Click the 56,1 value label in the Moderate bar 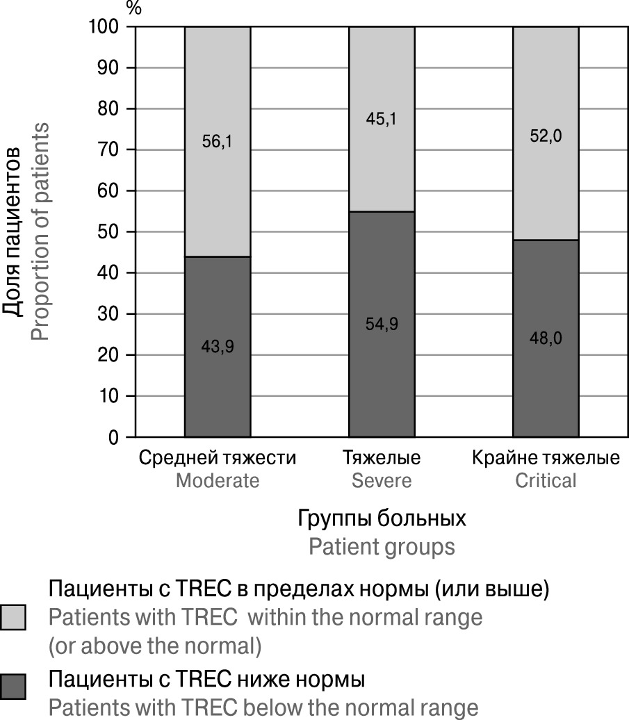[217, 142]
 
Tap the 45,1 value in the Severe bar [381, 120]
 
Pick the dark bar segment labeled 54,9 [381, 347]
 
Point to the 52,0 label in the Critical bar [546, 137]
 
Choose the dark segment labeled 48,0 [546, 361]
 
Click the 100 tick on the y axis [105, 27]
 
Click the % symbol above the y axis [133, 9]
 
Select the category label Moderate [217, 481]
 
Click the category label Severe [381, 481]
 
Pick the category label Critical [546, 481]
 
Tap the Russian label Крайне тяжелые [546, 459]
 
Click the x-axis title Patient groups [382, 547]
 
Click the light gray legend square [14, 617]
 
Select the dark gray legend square [14, 687]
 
